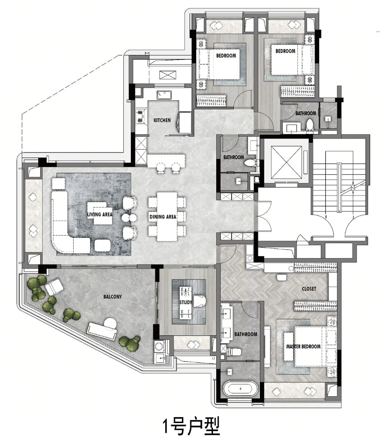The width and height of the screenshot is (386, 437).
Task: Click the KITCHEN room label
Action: click(x=162, y=120)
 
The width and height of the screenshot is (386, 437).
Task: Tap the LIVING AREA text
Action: click(x=100, y=214)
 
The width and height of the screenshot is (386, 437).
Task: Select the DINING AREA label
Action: click(x=163, y=217)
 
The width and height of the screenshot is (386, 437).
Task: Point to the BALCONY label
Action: click(x=113, y=297)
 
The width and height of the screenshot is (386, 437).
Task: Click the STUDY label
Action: click(x=186, y=302)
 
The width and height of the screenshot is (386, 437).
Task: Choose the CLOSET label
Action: click(x=309, y=288)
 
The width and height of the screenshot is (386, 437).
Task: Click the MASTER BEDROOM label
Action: click(x=303, y=346)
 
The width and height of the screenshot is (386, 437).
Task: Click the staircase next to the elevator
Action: click(x=339, y=188)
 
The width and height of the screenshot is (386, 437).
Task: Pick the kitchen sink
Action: click(x=164, y=95)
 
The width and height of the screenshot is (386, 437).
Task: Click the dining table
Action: click(x=167, y=217)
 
